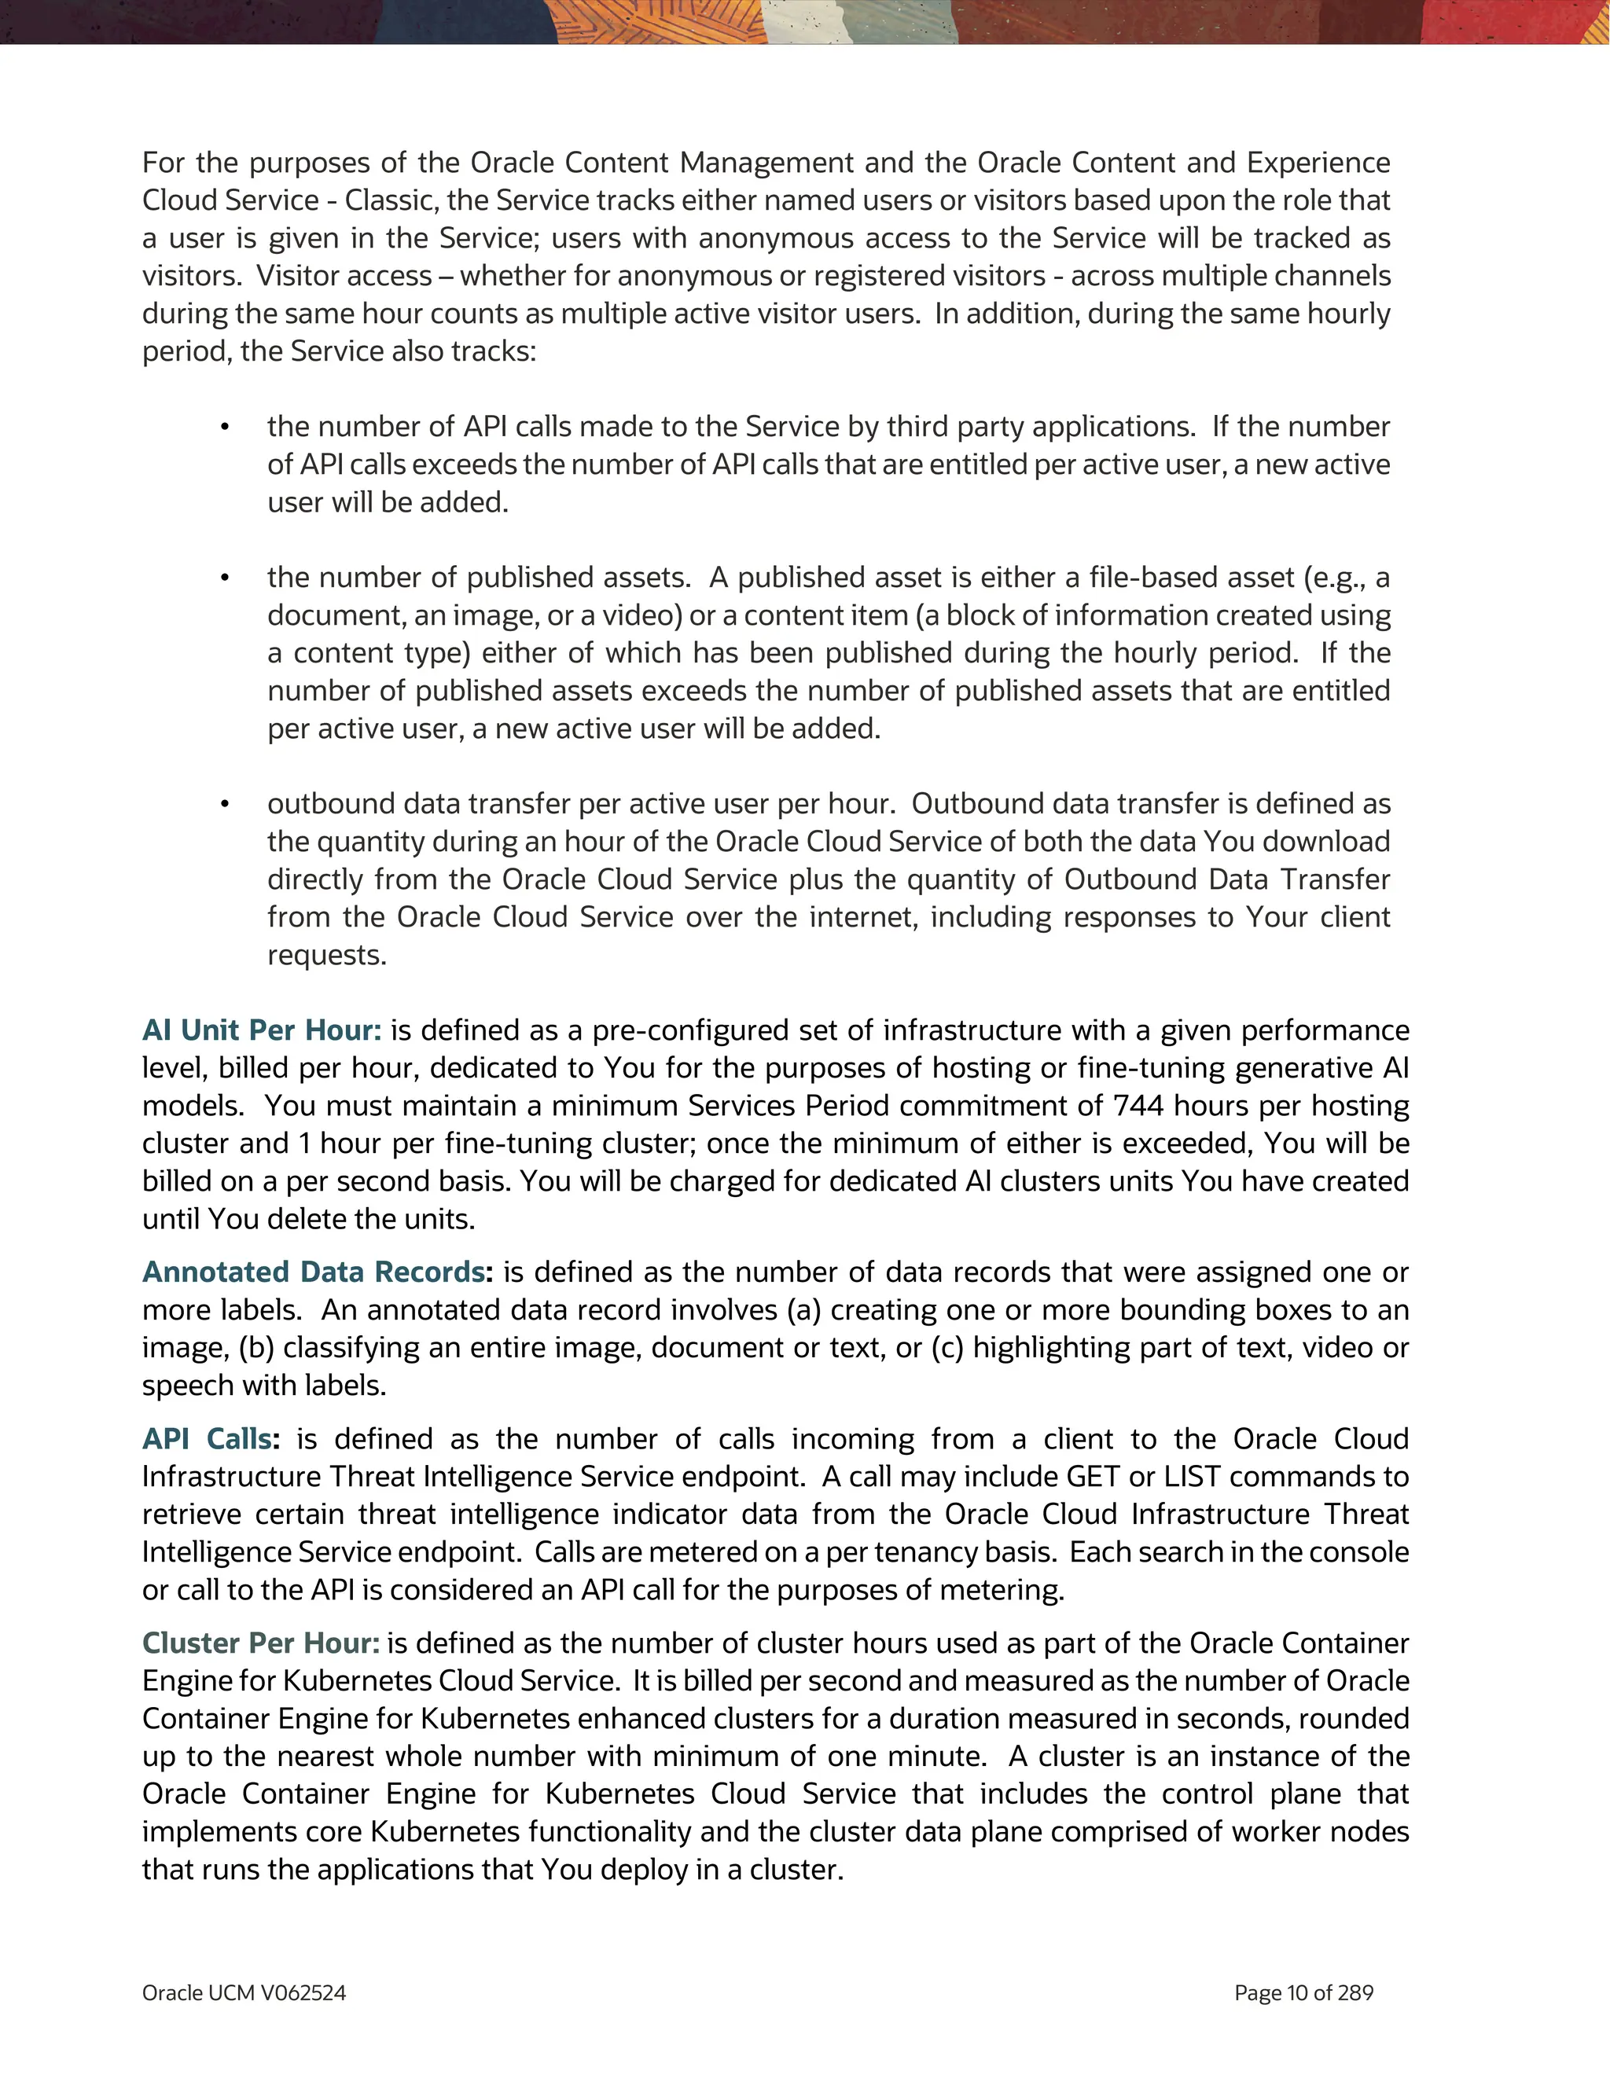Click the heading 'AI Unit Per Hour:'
[x=262, y=1030]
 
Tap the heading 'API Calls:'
[x=210, y=1438]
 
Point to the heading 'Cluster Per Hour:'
[x=261, y=1643]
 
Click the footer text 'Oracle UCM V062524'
[x=244, y=1993]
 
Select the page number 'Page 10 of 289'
[x=1303, y=1993]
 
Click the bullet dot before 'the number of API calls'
[x=225, y=428]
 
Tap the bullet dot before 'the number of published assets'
[x=225, y=578]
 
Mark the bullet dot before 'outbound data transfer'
[x=225, y=805]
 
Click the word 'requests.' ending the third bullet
[x=326, y=955]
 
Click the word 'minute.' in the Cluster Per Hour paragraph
[x=937, y=1757]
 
